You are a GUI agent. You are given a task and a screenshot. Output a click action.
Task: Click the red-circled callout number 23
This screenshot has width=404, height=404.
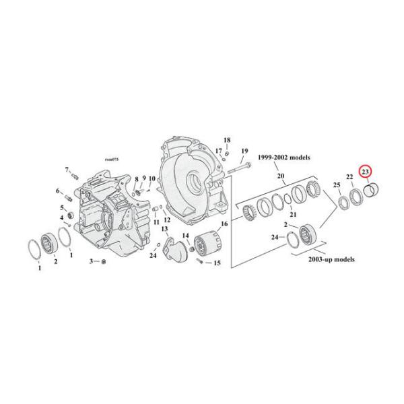pos(365,172)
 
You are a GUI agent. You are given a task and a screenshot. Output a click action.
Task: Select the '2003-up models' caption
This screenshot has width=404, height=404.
pos(327,259)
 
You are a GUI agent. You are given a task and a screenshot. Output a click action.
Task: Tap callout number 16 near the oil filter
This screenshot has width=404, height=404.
pos(224,224)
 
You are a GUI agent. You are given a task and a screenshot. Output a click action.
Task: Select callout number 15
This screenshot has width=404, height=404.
pos(217,263)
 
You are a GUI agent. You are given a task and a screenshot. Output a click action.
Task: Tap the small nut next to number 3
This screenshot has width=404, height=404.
pos(102,261)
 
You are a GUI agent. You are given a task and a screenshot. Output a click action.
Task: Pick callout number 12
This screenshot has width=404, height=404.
pos(167,221)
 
